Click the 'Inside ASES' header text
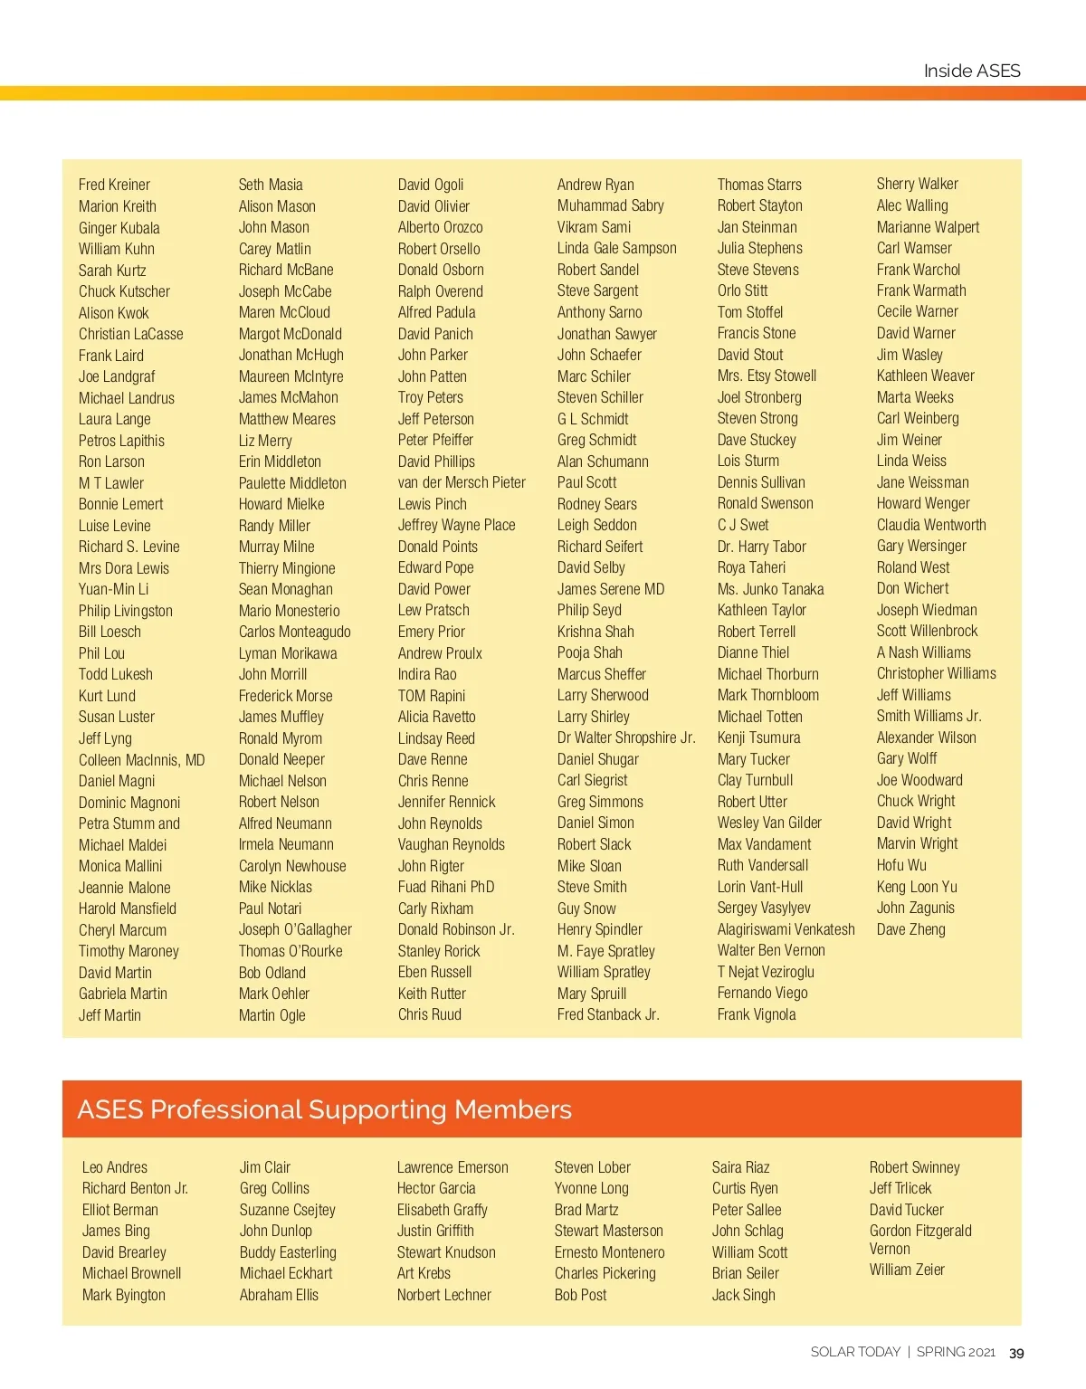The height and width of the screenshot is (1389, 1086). (x=971, y=71)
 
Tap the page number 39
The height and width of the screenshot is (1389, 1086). (x=1016, y=1353)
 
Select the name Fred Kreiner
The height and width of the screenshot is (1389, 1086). (x=114, y=185)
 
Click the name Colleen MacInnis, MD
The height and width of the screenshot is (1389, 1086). (x=141, y=760)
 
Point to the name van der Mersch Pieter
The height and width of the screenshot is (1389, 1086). (x=462, y=483)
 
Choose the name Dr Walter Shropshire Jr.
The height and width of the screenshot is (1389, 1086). (x=626, y=737)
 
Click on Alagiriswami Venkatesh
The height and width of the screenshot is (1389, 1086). (x=786, y=929)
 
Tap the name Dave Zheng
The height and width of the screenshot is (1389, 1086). (x=910, y=929)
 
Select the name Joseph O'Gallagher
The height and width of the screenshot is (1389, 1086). (x=295, y=929)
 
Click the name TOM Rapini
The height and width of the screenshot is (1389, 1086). (x=432, y=696)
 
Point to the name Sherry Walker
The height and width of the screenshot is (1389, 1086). (x=917, y=184)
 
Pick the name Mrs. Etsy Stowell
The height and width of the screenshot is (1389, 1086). (x=767, y=376)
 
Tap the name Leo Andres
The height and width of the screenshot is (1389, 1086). (x=115, y=1167)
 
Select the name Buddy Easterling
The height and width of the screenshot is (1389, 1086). (x=288, y=1252)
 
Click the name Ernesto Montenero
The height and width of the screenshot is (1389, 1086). (x=609, y=1252)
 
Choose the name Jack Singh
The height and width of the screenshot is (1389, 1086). (x=743, y=1295)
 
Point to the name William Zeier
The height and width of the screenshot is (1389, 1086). (x=907, y=1270)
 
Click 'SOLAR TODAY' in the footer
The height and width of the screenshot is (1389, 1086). (x=855, y=1352)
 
